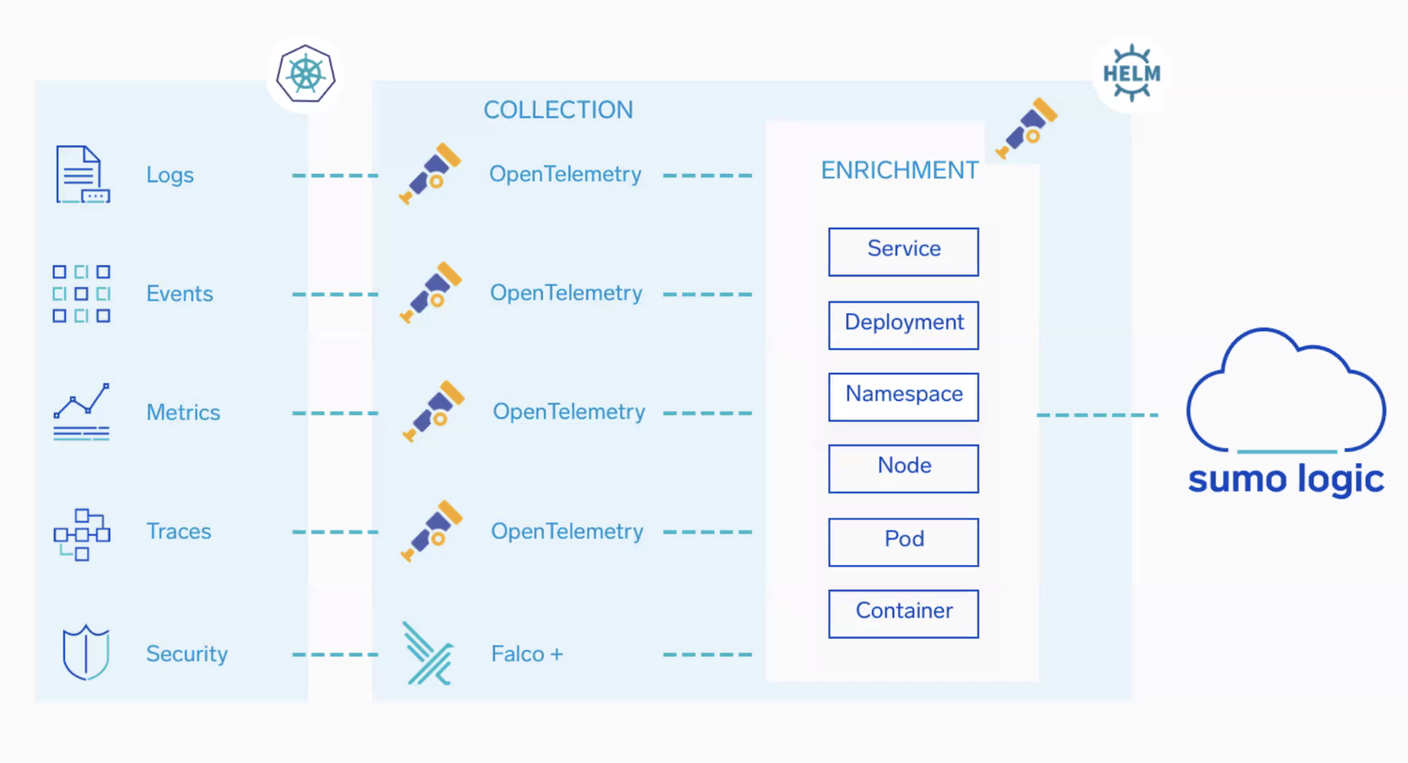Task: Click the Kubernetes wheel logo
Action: click(x=306, y=74)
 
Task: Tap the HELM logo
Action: click(x=1131, y=74)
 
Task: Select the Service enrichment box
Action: click(x=903, y=251)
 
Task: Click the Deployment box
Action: click(x=903, y=324)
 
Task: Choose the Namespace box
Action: click(x=903, y=396)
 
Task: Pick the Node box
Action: click(x=903, y=468)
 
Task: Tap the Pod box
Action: click(x=903, y=541)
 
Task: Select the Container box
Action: click(x=903, y=613)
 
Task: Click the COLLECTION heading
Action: click(x=558, y=109)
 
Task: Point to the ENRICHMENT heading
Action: click(x=899, y=170)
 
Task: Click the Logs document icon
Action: click(x=82, y=174)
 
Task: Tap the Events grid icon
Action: click(x=81, y=294)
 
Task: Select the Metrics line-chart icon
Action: click(x=81, y=412)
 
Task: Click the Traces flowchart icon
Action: click(x=81, y=533)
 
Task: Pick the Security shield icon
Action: click(x=85, y=652)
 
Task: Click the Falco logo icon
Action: click(x=428, y=654)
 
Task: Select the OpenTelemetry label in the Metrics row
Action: click(x=569, y=412)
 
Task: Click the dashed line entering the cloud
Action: click(x=1097, y=415)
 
